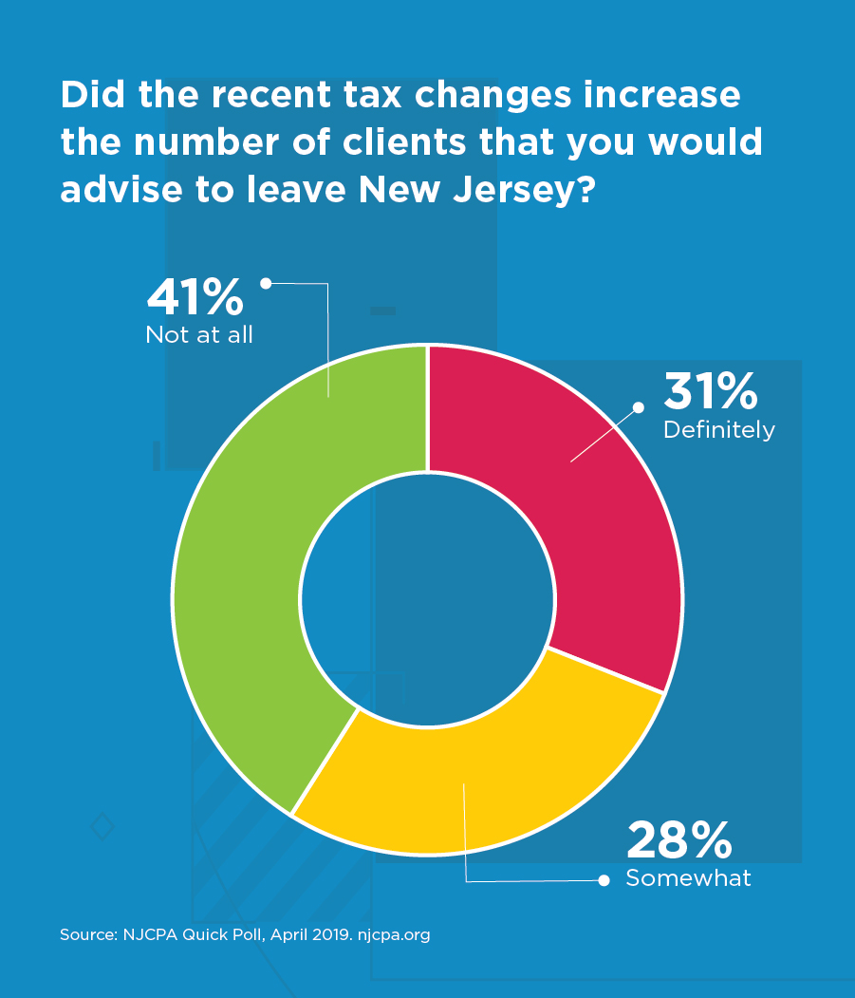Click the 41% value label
(195, 297)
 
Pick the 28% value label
(678, 839)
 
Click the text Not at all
(199, 335)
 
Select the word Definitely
(719, 430)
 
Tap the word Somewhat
(688, 878)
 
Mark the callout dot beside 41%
(266, 282)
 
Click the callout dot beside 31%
(639, 407)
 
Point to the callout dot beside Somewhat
(604, 881)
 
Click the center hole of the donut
(427, 598)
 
